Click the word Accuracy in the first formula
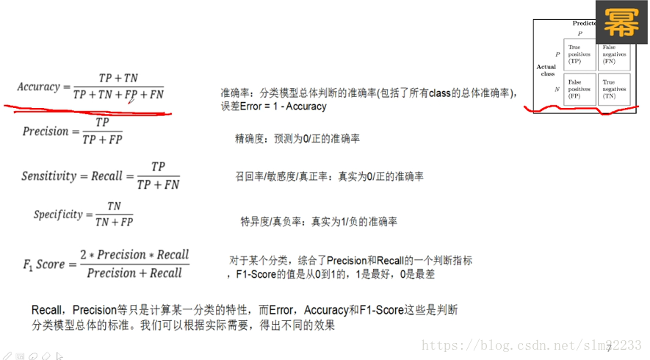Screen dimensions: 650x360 pos(38,87)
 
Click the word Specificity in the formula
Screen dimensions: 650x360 pos(58,215)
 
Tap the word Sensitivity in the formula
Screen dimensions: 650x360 pos(48,176)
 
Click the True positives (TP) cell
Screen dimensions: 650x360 pos(579,54)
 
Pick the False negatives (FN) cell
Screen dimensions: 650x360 pos(614,54)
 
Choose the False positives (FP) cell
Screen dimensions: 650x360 pos(579,89)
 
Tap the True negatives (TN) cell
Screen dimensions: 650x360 pos(614,89)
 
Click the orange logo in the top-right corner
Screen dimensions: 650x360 pos(621,24)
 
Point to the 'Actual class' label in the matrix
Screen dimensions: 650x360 pos(546,71)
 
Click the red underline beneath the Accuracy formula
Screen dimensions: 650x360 pos(88,112)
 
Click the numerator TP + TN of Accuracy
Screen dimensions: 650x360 pos(118,78)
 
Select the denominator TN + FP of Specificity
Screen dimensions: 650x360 pos(114,222)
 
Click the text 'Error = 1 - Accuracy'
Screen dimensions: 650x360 pos(273,107)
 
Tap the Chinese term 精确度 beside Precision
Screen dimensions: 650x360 pos(250,138)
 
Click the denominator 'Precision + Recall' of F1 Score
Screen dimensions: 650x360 pos(134,273)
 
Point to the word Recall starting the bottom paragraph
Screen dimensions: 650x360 pos(46,311)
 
